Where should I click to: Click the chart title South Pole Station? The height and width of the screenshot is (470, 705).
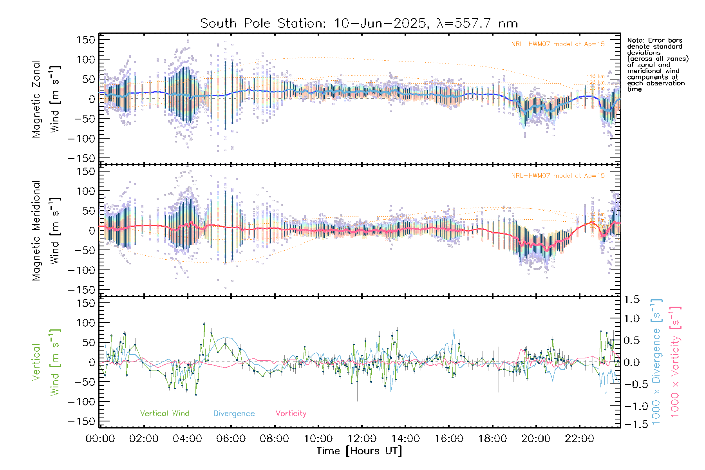pyautogui.click(x=359, y=23)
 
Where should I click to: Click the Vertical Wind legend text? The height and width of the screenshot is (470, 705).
pyautogui.click(x=164, y=414)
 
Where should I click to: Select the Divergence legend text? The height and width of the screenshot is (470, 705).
pyautogui.click(x=234, y=414)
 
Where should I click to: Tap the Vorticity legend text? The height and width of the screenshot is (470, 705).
pyautogui.click(x=291, y=414)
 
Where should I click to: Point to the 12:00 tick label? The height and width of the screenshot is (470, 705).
pyautogui.click(x=362, y=439)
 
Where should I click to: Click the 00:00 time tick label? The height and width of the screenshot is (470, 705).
pyautogui.click(x=100, y=439)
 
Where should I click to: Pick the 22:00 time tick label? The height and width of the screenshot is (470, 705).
pyautogui.click(x=580, y=439)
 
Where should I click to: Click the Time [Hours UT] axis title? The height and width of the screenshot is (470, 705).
pyautogui.click(x=359, y=451)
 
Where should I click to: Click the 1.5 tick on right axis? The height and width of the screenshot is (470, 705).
pyautogui.click(x=631, y=300)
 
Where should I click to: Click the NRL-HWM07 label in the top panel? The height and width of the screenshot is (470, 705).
pyautogui.click(x=558, y=44)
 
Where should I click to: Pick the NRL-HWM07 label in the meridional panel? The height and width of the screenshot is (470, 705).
pyautogui.click(x=558, y=176)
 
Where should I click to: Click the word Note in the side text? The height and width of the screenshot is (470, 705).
pyautogui.click(x=634, y=40)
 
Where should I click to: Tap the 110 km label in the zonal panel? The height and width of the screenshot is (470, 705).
pyautogui.click(x=595, y=76)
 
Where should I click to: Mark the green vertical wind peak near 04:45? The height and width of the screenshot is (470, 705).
pyautogui.click(x=204, y=324)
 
